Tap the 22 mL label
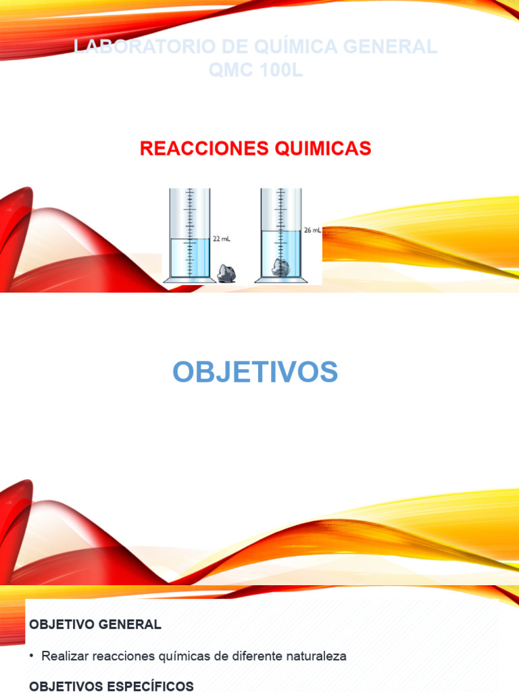222,239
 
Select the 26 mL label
312,230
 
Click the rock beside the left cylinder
226,274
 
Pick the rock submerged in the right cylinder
280,268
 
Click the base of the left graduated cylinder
189,279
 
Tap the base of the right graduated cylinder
280,279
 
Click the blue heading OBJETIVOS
255,372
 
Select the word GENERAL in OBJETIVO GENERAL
130,624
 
